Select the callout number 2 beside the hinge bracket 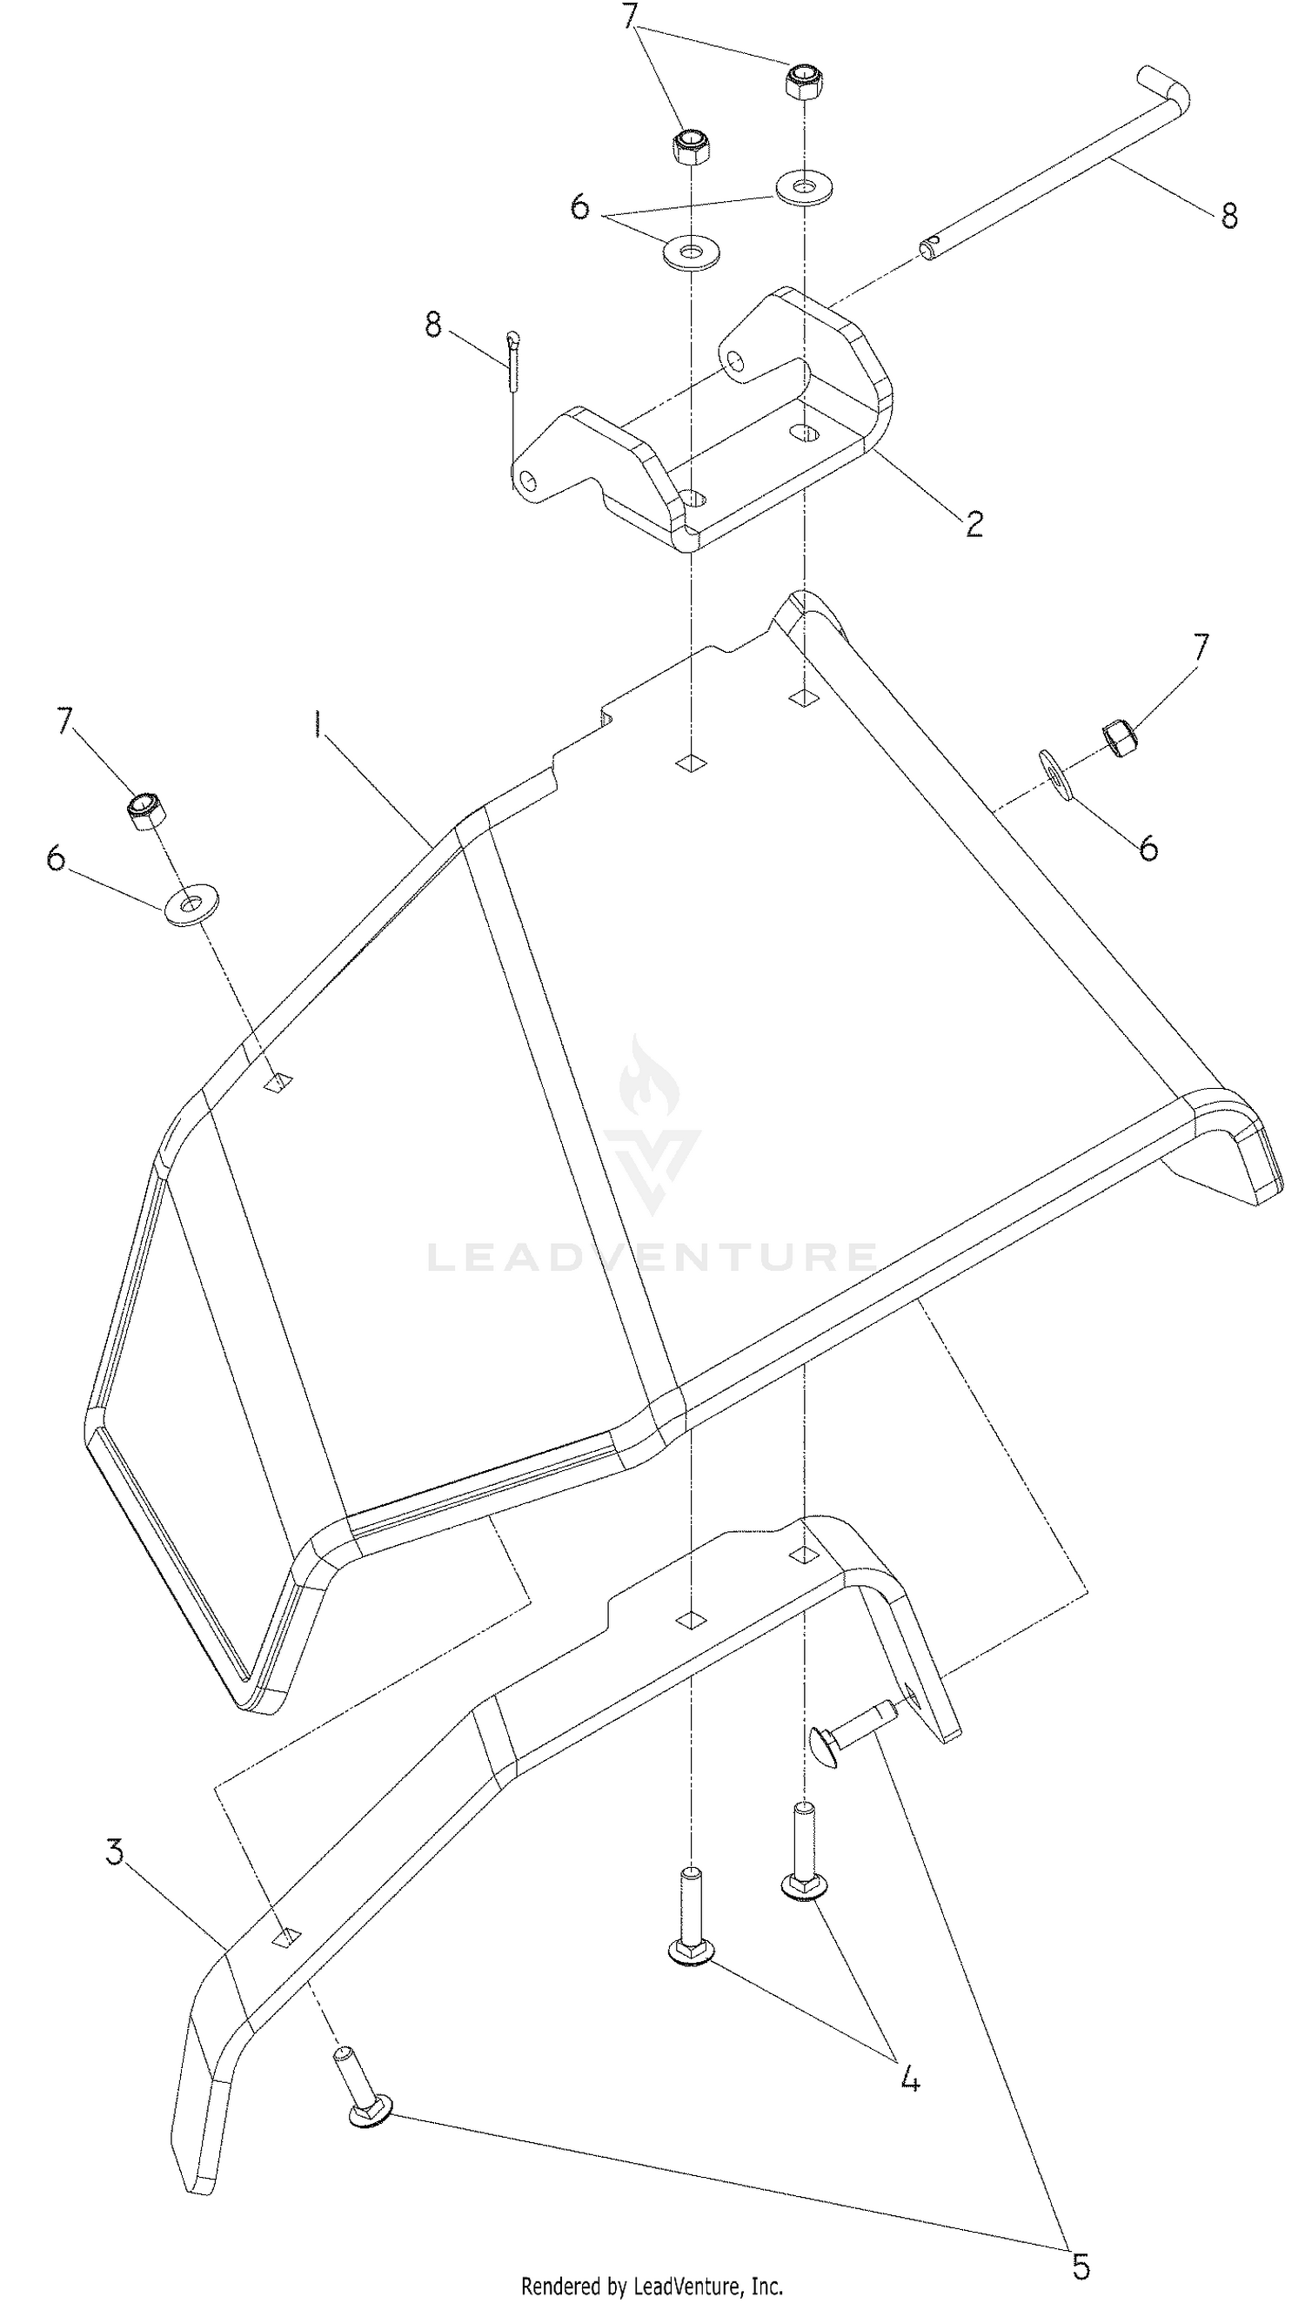[x=974, y=522]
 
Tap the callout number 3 [x=115, y=1851]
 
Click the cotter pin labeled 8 [x=512, y=360]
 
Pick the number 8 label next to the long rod [x=1228, y=215]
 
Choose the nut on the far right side [x=1121, y=737]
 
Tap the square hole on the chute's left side [x=278, y=1082]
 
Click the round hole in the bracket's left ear [x=531, y=482]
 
